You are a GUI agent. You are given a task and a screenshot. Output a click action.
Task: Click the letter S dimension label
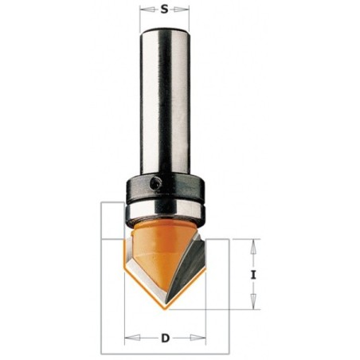[165, 10]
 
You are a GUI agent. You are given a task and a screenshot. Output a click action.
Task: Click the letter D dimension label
[165, 338]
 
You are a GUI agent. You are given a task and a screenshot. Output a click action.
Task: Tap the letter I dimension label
[253, 275]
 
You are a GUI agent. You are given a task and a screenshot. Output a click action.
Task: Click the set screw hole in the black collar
[155, 183]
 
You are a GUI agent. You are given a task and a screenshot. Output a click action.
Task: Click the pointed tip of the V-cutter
[165, 310]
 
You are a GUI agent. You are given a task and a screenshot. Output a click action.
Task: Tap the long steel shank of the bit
[165, 101]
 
